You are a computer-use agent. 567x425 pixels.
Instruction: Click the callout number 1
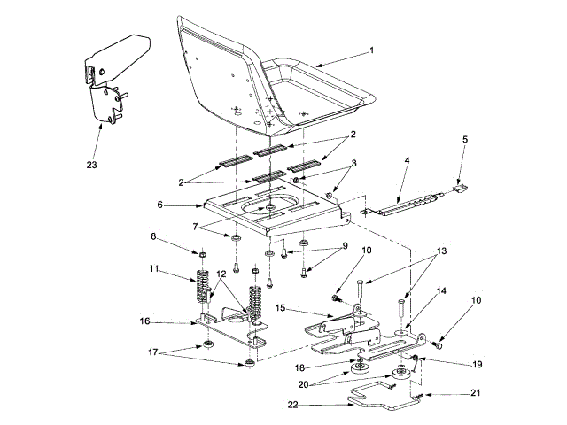click(x=370, y=50)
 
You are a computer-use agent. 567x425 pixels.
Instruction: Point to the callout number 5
click(x=465, y=139)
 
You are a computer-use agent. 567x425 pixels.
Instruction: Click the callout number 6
click(x=160, y=204)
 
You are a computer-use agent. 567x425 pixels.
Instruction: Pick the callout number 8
click(x=154, y=236)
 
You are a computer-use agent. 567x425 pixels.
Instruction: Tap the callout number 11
click(x=153, y=268)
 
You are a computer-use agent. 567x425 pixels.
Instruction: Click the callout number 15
click(x=279, y=308)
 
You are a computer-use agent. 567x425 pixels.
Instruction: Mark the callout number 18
click(x=299, y=366)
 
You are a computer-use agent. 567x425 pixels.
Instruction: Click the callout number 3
click(x=353, y=163)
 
